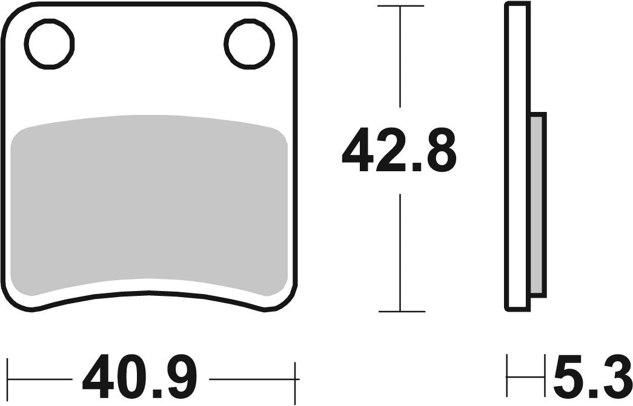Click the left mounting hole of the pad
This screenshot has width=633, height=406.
pyautogui.click(x=49, y=44)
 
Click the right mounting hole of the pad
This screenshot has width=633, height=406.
pyautogui.click(x=249, y=44)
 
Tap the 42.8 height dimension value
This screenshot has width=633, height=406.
pyautogui.click(x=398, y=150)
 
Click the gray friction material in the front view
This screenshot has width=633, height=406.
pyautogui.click(x=149, y=206)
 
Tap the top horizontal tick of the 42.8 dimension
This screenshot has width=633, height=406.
pyautogui.click(x=400, y=6)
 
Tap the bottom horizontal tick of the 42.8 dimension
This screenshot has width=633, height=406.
pyautogui.click(x=400, y=312)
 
